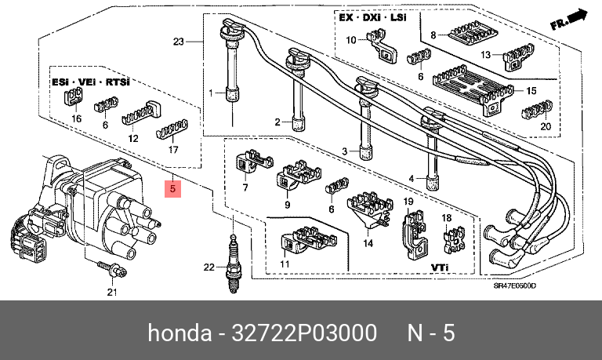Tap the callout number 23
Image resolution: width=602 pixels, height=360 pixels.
[178, 42]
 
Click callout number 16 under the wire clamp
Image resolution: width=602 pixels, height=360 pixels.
[77, 118]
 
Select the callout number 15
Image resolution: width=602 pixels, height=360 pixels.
[531, 91]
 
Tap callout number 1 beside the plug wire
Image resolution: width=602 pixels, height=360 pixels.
[210, 94]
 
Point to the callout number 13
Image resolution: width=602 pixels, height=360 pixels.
[486, 55]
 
